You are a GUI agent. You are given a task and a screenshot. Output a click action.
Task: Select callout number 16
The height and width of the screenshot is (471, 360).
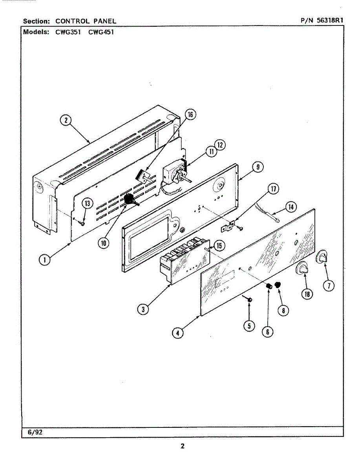[190, 115]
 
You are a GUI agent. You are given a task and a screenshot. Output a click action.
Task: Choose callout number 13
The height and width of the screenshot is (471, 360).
[88, 203]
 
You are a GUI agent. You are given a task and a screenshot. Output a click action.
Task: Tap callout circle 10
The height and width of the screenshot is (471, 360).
[103, 243]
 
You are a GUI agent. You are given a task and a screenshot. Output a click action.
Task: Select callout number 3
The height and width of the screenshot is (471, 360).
[143, 309]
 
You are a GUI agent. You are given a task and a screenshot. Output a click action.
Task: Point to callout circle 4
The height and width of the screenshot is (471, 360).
[178, 333]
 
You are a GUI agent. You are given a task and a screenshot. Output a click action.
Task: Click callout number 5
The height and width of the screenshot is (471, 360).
[249, 326]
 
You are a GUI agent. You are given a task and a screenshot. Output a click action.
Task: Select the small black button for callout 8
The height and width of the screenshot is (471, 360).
[278, 284]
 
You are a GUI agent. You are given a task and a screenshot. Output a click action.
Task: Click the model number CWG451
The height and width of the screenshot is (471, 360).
[101, 32]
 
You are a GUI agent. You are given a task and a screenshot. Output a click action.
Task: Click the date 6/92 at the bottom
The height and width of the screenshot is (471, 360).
[35, 432]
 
